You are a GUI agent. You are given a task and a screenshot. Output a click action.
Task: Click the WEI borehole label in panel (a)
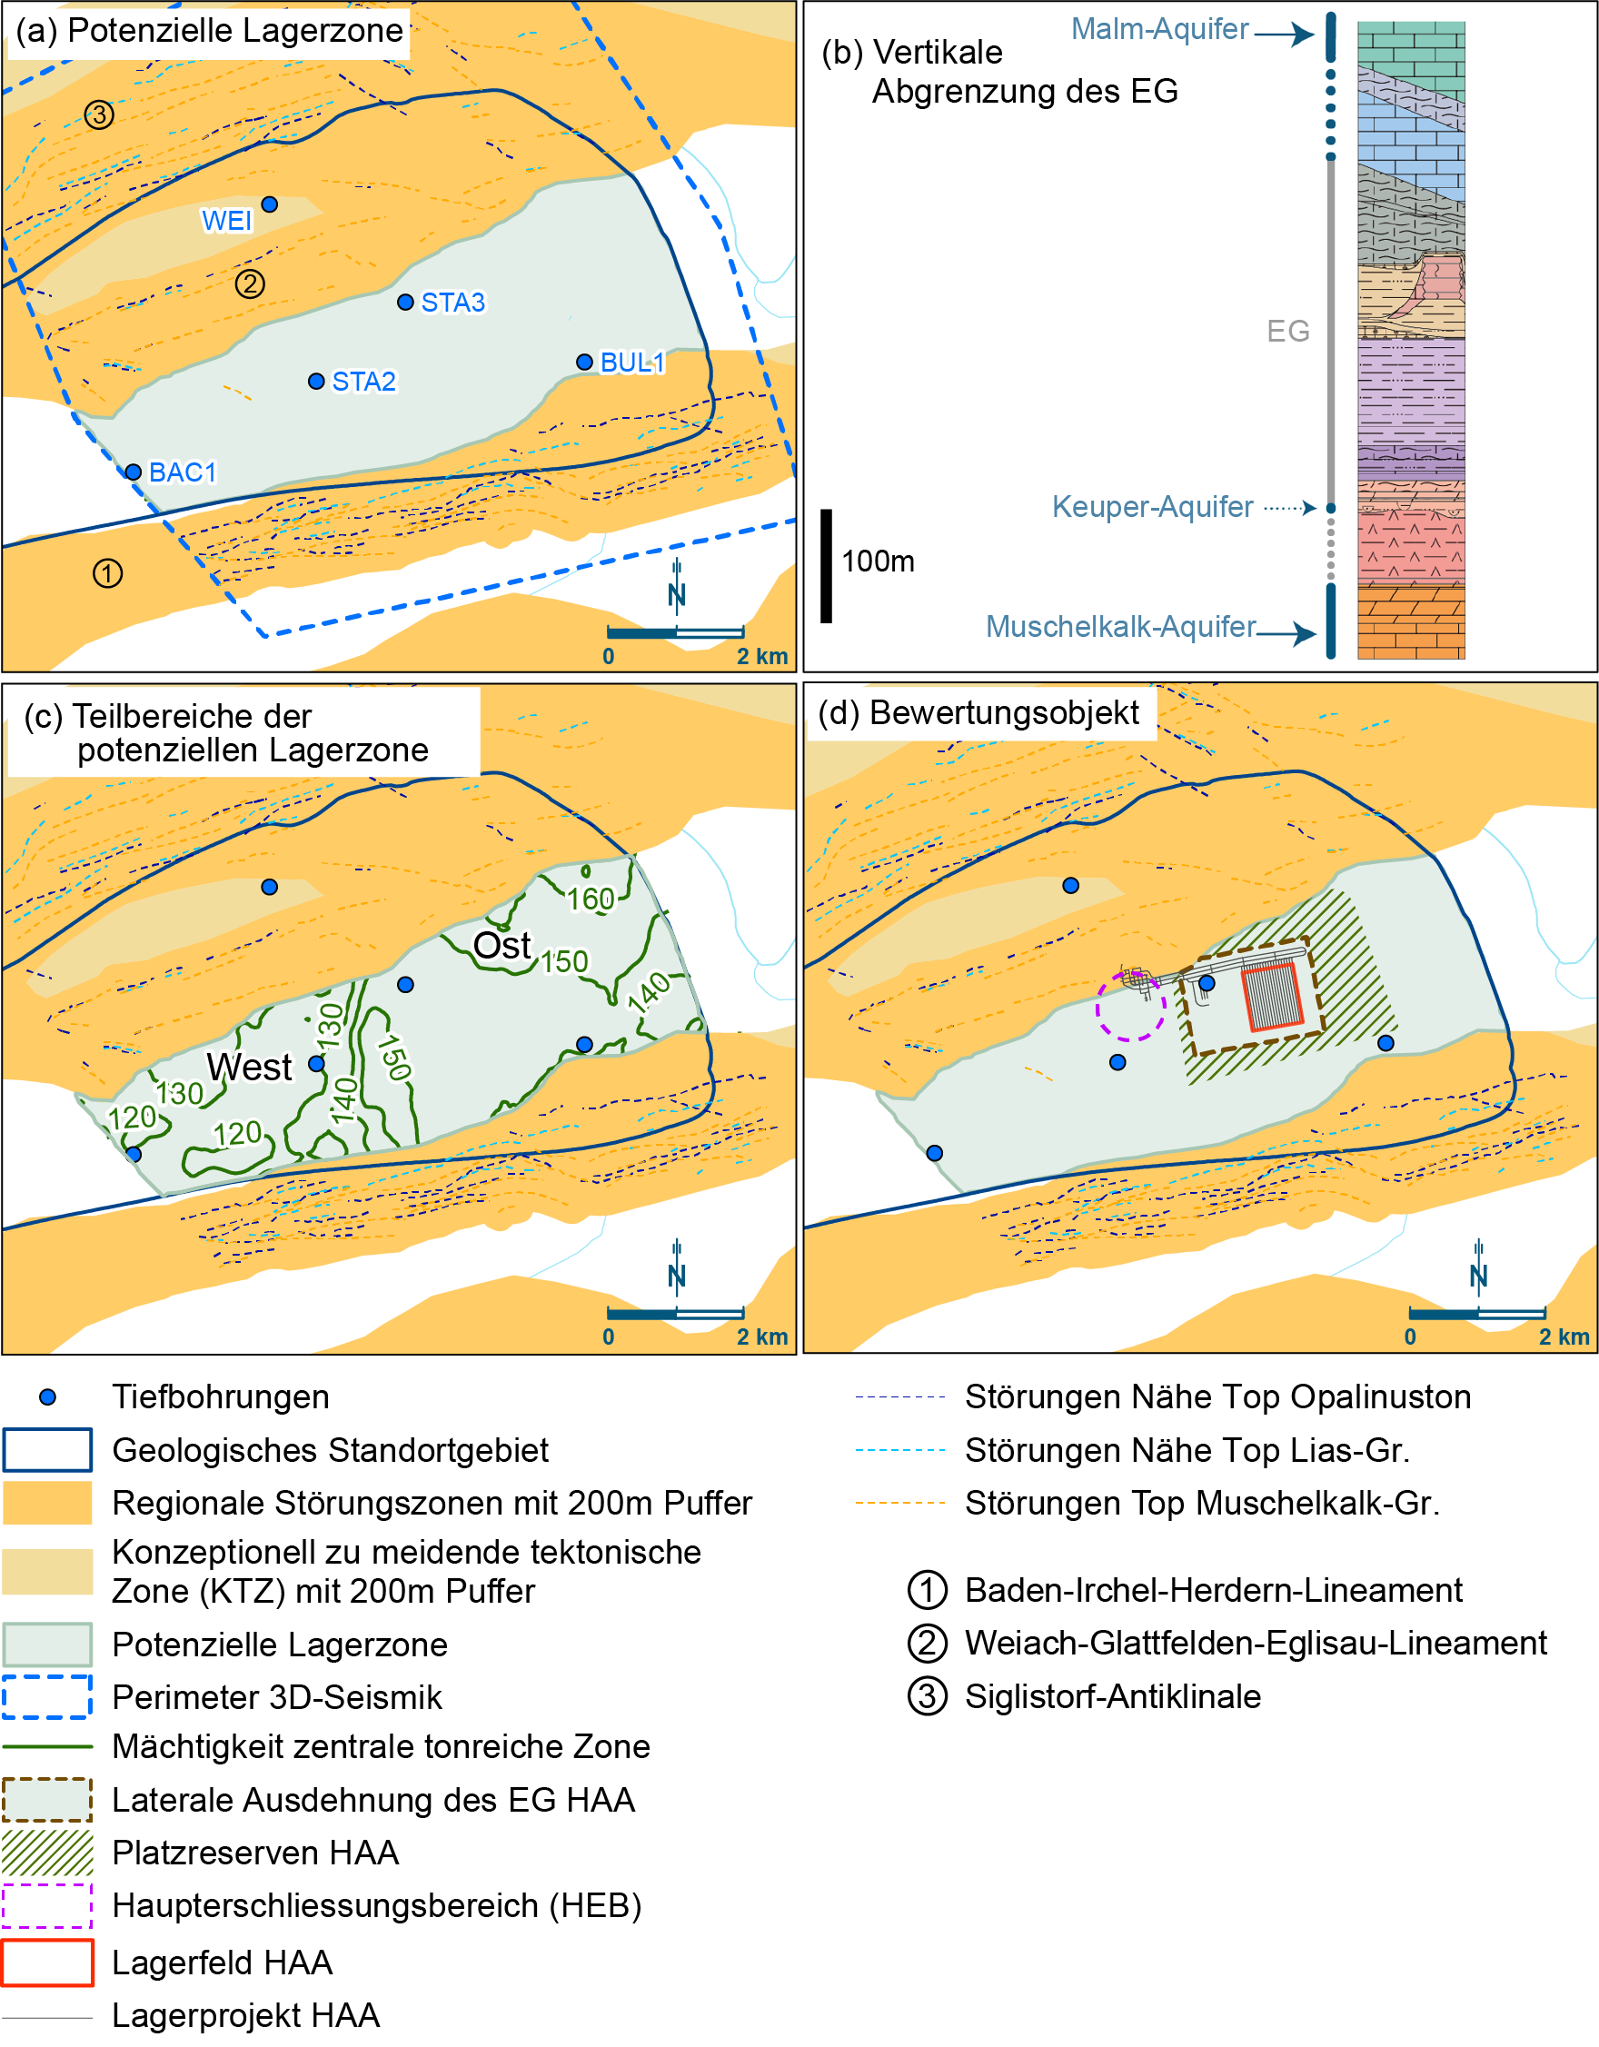[x=227, y=221]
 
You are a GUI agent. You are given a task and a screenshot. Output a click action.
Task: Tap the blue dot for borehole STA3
[x=406, y=302]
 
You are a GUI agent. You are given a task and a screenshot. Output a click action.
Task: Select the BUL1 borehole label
[x=632, y=363]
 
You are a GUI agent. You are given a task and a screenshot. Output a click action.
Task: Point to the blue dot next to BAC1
[x=133, y=472]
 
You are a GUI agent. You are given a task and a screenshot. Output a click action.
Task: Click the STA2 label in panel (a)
[x=363, y=382]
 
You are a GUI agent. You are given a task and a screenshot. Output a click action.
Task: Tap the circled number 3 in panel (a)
[x=99, y=115]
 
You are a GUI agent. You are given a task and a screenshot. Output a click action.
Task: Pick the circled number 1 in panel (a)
[x=108, y=573]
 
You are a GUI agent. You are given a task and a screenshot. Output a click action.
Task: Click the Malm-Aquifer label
[x=1159, y=29]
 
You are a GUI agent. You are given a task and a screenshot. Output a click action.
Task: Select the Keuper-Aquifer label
[x=1152, y=507]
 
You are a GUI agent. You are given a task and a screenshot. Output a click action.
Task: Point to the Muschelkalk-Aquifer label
[x=1120, y=626]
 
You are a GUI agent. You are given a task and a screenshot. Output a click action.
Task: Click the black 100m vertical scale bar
[x=826, y=566]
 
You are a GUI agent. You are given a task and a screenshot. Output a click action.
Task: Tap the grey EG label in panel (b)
[x=1287, y=331]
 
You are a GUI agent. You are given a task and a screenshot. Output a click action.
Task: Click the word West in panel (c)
[x=249, y=1068]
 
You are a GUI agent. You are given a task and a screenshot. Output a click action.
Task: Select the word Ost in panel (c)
[x=502, y=946]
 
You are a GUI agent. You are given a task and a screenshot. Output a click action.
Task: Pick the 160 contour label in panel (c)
[x=591, y=899]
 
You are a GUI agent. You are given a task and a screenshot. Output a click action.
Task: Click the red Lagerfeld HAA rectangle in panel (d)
[x=1272, y=998]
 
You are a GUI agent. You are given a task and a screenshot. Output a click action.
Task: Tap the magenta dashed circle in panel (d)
[x=1130, y=1007]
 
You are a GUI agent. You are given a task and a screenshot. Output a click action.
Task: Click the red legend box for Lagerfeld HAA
[x=48, y=1963]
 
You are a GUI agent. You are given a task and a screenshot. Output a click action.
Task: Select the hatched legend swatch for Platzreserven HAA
[x=48, y=1853]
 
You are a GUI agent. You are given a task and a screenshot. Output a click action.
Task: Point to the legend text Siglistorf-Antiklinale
[x=1113, y=1697]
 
